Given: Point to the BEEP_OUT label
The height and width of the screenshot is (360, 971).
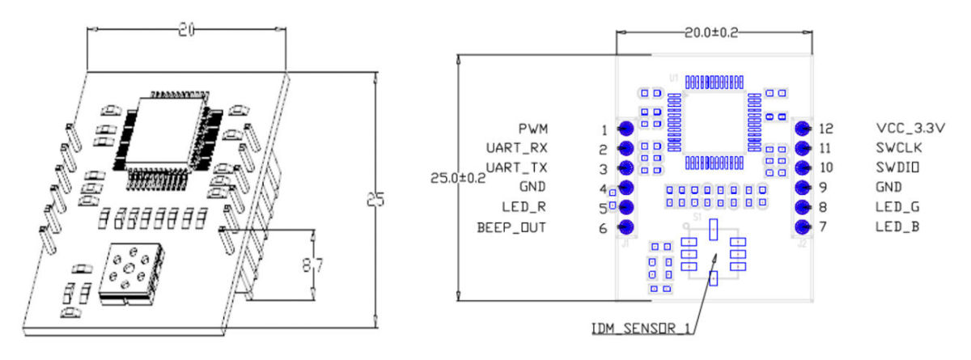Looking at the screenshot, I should click(x=512, y=228).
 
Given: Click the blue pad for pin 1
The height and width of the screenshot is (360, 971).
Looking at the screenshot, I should click(x=625, y=129).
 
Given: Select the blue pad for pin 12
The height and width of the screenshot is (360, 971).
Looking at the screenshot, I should click(x=803, y=129).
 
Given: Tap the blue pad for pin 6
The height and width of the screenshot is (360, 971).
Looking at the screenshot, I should click(x=625, y=228).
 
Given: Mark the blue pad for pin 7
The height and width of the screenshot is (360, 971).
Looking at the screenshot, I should click(x=803, y=228).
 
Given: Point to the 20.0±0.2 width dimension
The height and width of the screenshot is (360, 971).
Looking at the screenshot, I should click(x=712, y=33).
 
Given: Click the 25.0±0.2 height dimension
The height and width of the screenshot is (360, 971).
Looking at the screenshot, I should click(x=460, y=177).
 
